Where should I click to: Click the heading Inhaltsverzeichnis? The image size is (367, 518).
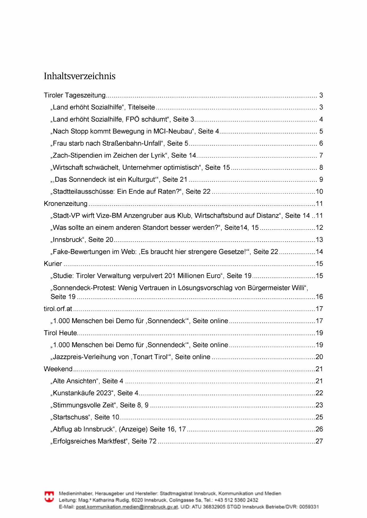click(x=80, y=76)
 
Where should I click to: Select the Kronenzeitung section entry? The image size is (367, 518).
click(x=66, y=203)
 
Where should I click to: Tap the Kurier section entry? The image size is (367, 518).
click(x=53, y=264)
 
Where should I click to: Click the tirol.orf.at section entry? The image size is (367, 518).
click(x=58, y=309)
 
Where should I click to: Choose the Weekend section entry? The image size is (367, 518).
click(x=58, y=369)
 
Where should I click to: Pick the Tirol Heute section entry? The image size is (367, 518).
click(x=60, y=333)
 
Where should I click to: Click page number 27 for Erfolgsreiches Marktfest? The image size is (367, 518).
click(x=319, y=441)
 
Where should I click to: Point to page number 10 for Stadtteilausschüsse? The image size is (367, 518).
click(x=319, y=192)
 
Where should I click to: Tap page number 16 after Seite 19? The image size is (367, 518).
click(x=319, y=297)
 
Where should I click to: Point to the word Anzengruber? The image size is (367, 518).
click(x=143, y=216)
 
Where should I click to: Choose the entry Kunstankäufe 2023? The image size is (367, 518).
click(x=83, y=393)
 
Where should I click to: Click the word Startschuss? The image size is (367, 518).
click(x=71, y=417)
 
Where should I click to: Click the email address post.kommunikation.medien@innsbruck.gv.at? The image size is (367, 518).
click(x=127, y=507)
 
